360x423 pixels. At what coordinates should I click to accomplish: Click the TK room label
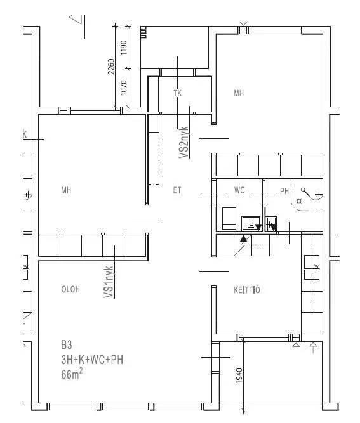tap(177, 93)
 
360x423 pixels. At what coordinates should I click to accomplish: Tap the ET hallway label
tap(177, 190)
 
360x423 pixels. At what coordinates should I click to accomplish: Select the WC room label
tap(239, 190)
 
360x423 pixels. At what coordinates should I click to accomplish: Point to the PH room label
tap(284, 191)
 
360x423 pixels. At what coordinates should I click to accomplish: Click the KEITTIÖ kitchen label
tap(247, 290)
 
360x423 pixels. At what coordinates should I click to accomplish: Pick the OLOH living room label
tap(70, 289)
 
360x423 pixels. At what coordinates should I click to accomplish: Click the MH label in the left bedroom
tap(66, 190)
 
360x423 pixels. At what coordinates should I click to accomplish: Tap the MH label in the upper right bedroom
tap(239, 93)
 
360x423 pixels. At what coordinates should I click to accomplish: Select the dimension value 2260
tap(111, 67)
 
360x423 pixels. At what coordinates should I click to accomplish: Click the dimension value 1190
tap(123, 48)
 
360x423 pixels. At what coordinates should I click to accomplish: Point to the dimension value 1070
tap(123, 88)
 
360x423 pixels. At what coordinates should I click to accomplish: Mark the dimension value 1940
tap(239, 375)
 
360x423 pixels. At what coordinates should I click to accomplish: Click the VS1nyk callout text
tap(109, 282)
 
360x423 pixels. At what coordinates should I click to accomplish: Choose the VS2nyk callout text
tap(183, 142)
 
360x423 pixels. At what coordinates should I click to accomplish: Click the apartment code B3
tap(67, 345)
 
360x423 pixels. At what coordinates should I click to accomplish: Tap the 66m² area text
tap(72, 374)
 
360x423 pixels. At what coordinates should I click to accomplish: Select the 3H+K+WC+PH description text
tap(92, 360)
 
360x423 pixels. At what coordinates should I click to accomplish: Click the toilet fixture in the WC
tap(229, 218)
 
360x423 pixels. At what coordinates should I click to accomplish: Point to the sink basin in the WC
tap(251, 223)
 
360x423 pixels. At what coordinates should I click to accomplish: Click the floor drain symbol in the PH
tap(299, 201)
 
